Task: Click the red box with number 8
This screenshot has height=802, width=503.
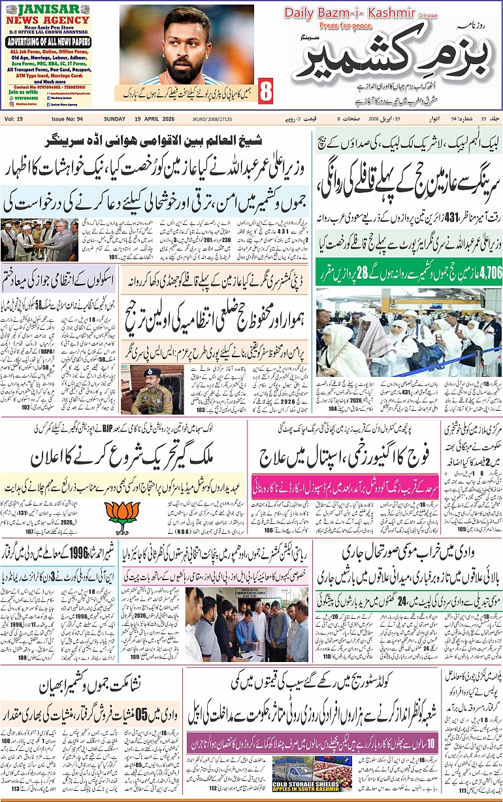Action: [266, 92]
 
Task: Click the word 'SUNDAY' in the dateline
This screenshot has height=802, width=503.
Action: [115, 118]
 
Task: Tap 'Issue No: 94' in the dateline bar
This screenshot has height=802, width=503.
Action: [67, 118]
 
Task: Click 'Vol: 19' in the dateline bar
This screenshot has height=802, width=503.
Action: [14, 118]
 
